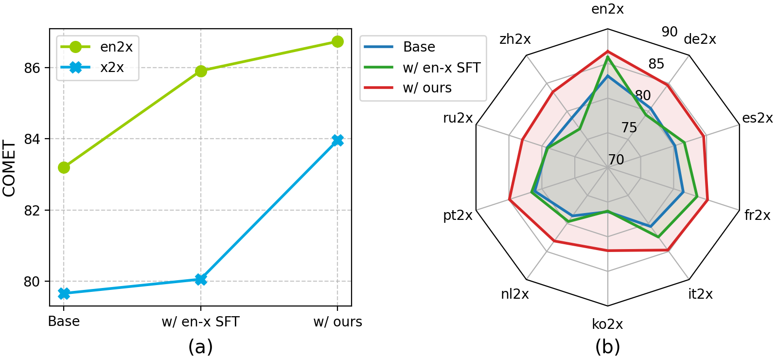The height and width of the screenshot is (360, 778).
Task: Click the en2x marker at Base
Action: [x=64, y=167]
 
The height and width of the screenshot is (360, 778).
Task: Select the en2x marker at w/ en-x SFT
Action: [x=201, y=71]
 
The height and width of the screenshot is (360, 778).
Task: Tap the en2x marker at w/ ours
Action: [x=337, y=42]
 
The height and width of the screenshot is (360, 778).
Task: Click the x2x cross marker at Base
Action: [x=64, y=293]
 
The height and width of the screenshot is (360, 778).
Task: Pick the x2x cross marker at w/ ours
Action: [x=337, y=140]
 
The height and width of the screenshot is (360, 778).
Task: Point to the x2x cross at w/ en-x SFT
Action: [x=201, y=279]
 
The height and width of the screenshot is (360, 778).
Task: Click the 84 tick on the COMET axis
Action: [x=32, y=139]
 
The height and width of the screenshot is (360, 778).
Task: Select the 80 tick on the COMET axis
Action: [x=32, y=282]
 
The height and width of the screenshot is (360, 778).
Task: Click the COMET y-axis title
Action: [x=9, y=168]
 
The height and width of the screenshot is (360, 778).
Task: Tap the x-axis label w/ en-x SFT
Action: [x=200, y=322]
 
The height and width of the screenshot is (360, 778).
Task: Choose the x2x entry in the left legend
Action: [x=97, y=67]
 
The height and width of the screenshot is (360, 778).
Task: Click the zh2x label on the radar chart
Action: [x=515, y=39]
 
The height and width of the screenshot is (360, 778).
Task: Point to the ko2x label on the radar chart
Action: [x=607, y=324]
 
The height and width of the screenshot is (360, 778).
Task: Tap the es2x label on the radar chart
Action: [x=757, y=118]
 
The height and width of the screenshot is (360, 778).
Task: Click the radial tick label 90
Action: [x=669, y=32]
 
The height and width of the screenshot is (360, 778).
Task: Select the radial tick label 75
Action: [x=629, y=127]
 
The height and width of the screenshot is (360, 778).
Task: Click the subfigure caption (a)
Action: [x=200, y=346]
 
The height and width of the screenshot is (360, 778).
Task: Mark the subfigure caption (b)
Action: [x=607, y=346]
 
